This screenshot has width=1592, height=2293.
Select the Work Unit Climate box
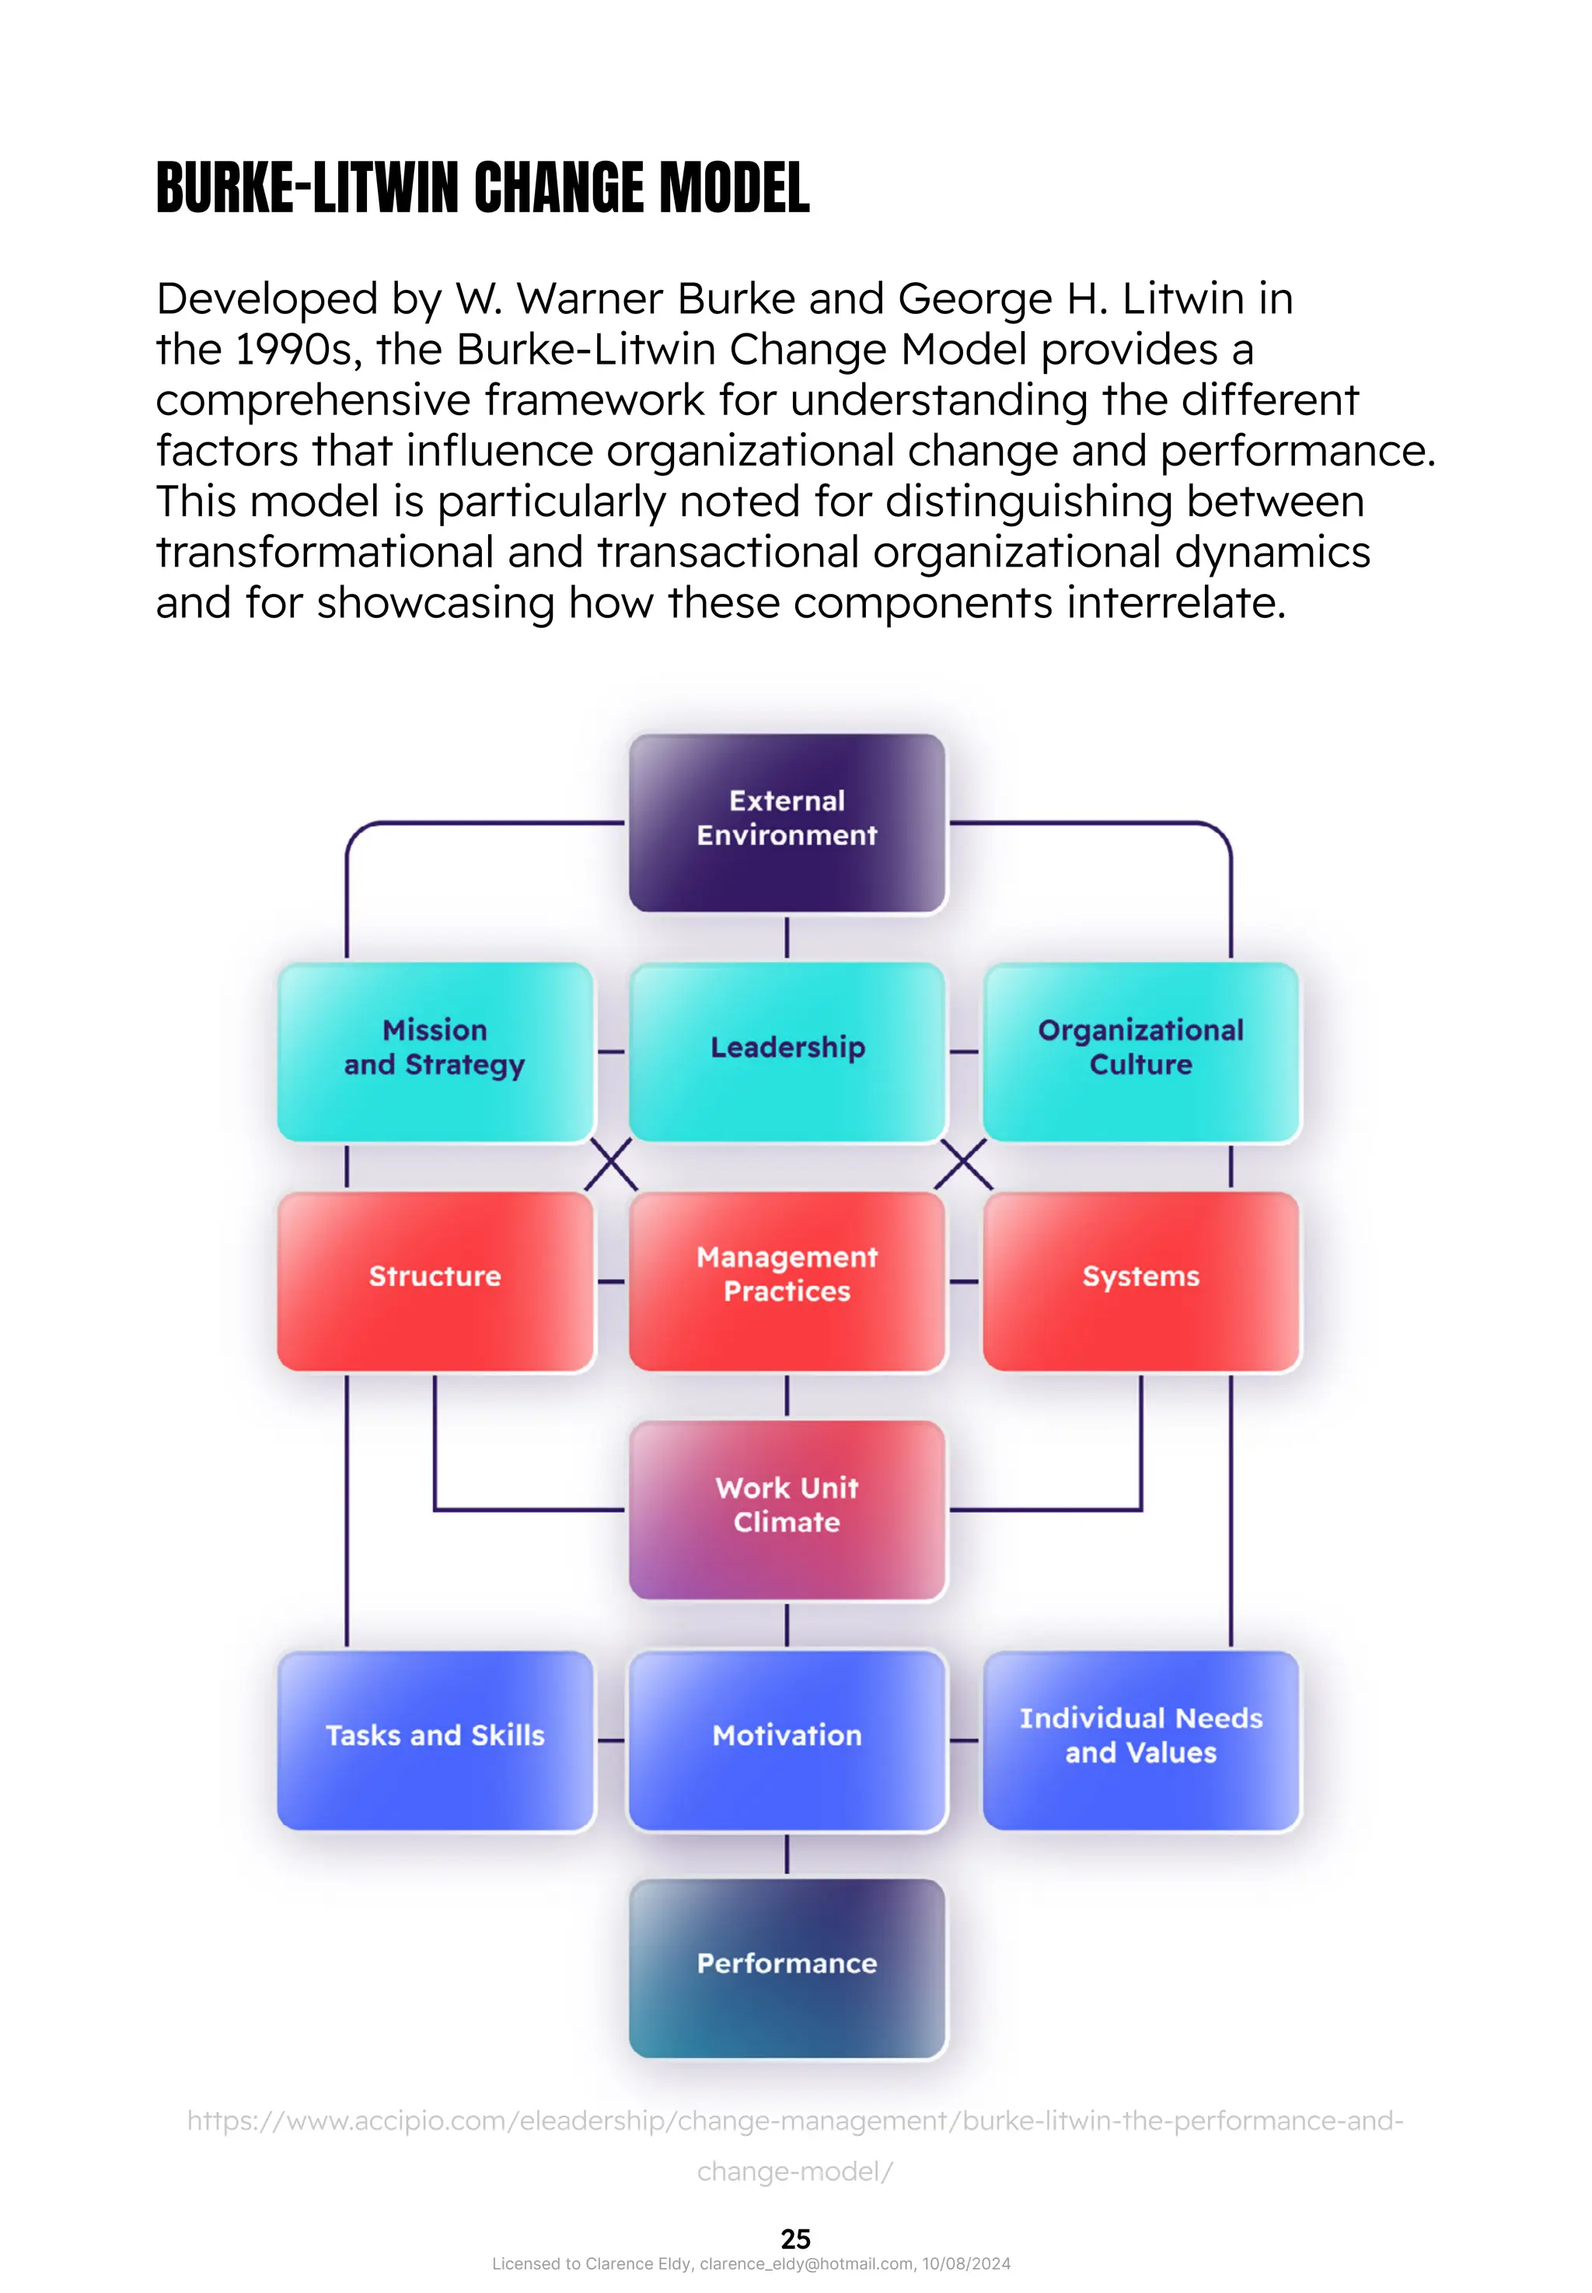tap(786, 1509)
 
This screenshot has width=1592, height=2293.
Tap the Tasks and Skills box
tap(435, 1739)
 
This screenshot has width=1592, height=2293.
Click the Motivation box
tap(786, 1739)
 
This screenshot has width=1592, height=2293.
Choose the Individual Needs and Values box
tap(1140, 1739)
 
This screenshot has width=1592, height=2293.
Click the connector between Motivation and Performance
tap(786, 1853)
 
